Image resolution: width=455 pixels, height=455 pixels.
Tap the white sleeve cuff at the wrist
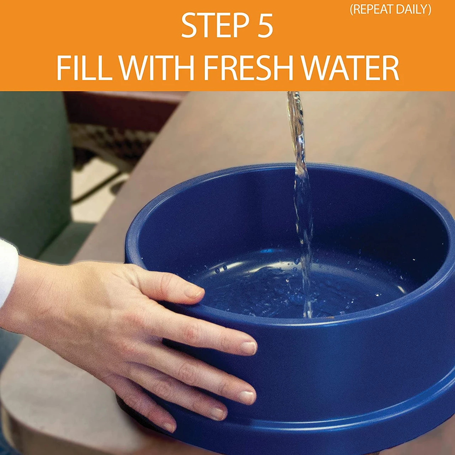pos(7,272)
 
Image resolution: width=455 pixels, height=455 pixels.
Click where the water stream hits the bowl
pos(307,313)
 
